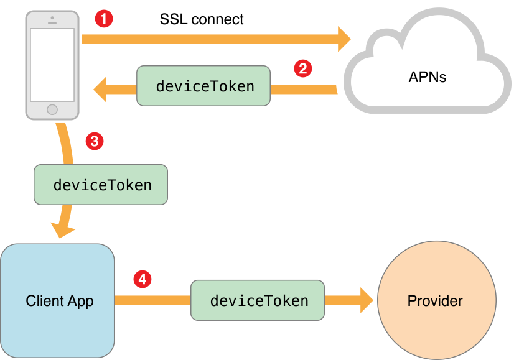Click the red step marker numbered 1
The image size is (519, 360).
click(104, 19)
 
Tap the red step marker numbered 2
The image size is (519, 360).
click(302, 68)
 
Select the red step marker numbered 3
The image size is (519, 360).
click(93, 141)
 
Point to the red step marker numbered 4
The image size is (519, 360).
click(143, 279)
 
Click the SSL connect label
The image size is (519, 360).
click(202, 19)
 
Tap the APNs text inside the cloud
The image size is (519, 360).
click(428, 78)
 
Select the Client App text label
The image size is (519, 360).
click(60, 302)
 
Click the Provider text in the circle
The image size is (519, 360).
click(435, 302)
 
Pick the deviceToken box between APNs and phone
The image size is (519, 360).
click(203, 86)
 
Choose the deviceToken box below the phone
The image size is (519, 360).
click(101, 185)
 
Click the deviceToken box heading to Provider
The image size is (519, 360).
click(258, 301)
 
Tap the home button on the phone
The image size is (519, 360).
click(52, 109)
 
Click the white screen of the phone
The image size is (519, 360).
click(52, 65)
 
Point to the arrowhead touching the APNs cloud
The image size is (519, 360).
click(344, 39)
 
